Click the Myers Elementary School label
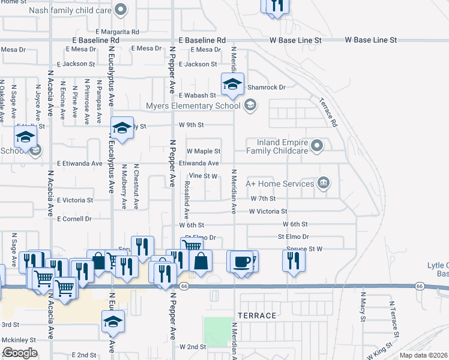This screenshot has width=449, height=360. pyautogui.click(x=193, y=106)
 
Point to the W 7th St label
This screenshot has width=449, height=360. pyautogui.click(x=263, y=198)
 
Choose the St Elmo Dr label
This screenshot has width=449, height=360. pyautogui.click(x=293, y=236)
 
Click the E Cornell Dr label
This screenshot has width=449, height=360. pyautogui.click(x=74, y=219)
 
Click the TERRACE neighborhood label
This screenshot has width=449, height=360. pyautogui.click(x=257, y=316)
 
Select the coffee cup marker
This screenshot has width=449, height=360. pyautogui.click(x=242, y=262)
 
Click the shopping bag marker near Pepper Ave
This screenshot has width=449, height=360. pyautogui.click(x=200, y=260)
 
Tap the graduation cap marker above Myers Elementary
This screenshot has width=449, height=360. pyautogui.click(x=232, y=84)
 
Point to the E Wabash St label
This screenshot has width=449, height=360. pyautogui.click(x=197, y=95)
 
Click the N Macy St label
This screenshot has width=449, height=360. pyautogui.click(x=363, y=307)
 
